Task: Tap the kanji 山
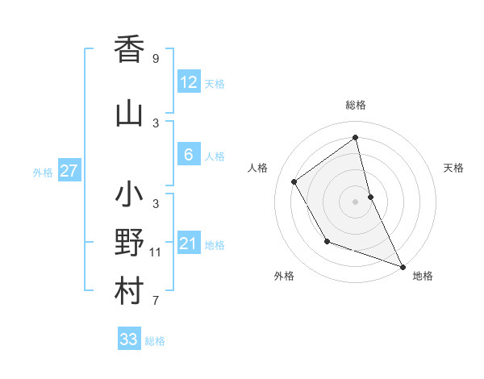click(x=129, y=113)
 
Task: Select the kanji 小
click(x=129, y=196)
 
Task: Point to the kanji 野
click(x=129, y=244)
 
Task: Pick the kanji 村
click(x=129, y=292)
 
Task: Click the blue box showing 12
click(x=188, y=82)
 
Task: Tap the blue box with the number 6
click(x=188, y=155)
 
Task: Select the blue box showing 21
click(x=188, y=244)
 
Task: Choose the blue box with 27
click(x=69, y=171)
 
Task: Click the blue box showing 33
click(x=129, y=339)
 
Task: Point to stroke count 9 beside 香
click(x=156, y=59)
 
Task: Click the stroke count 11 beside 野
click(x=156, y=252)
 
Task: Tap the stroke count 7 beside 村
click(x=156, y=302)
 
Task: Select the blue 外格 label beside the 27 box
click(x=43, y=172)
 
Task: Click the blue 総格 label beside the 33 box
click(x=155, y=341)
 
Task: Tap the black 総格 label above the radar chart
click(x=356, y=105)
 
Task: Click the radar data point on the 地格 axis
click(x=403, y=267)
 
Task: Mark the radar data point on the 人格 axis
click(x=294, y=182)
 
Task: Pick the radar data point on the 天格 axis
click(x=370, y=196)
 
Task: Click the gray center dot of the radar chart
click(x=356, y=201)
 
